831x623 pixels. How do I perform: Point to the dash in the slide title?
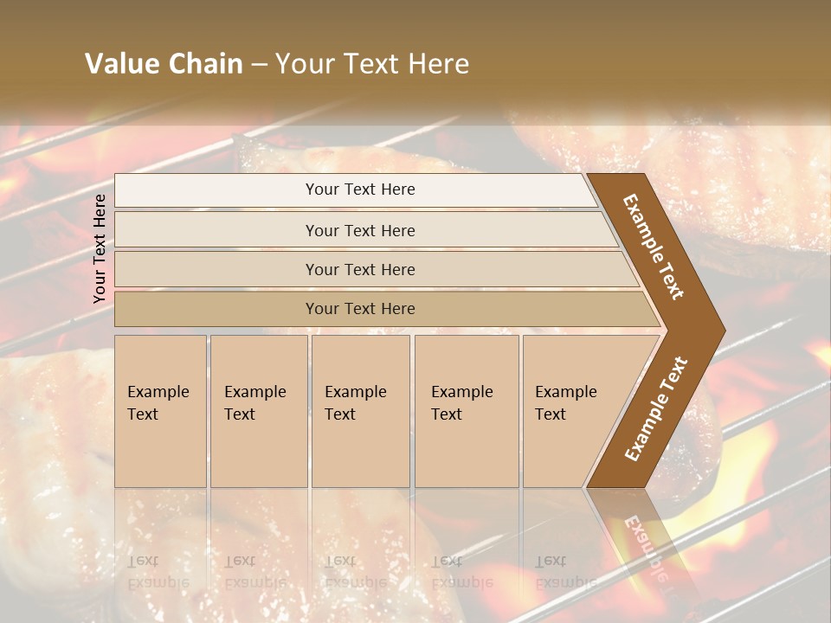coord(259,65)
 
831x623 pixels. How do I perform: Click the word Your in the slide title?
coord(303,64)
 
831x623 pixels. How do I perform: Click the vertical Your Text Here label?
coord(100,248)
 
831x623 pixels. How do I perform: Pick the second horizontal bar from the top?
coord(360,230)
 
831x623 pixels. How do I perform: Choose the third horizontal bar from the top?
coord(360,269)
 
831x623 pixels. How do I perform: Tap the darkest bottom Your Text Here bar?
coord(360,309)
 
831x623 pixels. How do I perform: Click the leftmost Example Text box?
coord(160,411)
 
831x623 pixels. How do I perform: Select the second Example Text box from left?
coord(258,411)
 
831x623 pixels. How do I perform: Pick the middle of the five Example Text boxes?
coord(360,411)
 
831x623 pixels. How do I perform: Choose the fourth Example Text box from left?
coord(466,411)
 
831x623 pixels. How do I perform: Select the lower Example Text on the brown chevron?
coord(656,409)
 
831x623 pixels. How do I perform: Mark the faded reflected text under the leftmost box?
coord(158,571)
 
